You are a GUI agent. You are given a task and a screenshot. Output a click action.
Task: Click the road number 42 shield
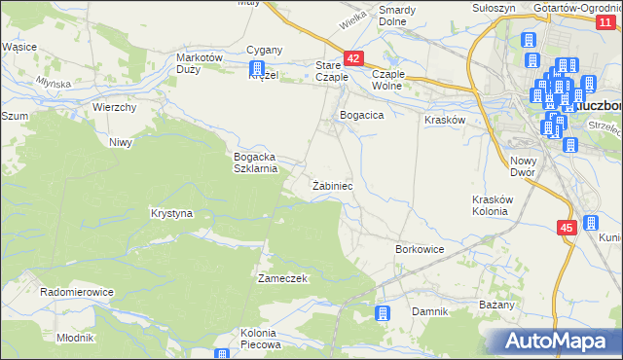click(x=353, y=59)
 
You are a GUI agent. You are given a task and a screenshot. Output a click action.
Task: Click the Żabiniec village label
click(x=332, y=185)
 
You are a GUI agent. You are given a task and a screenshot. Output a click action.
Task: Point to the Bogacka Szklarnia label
click(x=256, y=162)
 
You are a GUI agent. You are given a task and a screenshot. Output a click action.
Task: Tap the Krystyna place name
click(x=171, y=213)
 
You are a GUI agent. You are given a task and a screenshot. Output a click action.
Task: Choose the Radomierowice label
click(x=77, y=292)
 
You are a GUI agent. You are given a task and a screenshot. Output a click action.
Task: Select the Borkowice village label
click(x=420, y=250)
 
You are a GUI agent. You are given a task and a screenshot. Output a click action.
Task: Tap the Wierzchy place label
click(x=114, y=107)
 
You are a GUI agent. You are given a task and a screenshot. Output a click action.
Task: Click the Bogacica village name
click(x=361, y=115)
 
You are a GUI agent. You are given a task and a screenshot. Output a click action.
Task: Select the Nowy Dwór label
click(x=524, y=166)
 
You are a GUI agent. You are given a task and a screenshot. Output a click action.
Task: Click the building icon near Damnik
click(x=383, y=313)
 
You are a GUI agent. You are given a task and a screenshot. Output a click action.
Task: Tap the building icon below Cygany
click(x=258, y=70)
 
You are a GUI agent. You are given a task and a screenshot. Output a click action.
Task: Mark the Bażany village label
click(x=496, y=306)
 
